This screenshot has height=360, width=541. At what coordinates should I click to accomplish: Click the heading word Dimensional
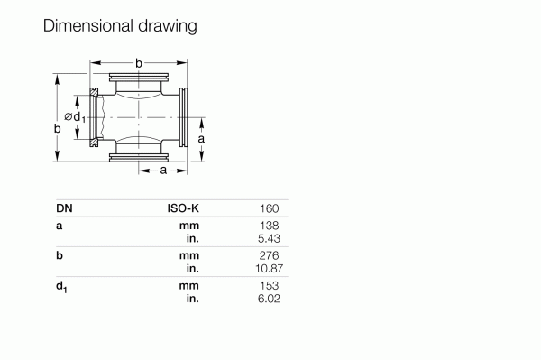pyautogui.click(x=88, y=26)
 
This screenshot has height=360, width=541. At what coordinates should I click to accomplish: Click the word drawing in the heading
pyautogui.click(x=168, y=27)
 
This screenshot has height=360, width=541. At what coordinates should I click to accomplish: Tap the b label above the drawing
pyautogui.click(x=138, y=63)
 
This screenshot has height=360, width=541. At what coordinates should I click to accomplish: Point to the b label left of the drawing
pyautogui.click(x=58, y=128)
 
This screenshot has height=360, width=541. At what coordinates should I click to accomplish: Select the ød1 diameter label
pyautogui.click(x=75, y=117)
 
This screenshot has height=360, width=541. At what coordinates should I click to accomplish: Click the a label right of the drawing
pyautogui.click(x=201, y=139)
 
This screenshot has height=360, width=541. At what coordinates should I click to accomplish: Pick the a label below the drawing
pyautogui.click(x=163, y=171)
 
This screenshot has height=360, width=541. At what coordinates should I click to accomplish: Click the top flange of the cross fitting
pyautogui.click(x=139, y=78)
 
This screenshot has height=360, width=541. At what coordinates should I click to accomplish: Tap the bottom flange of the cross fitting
pyautogui.click(x=139, y=158)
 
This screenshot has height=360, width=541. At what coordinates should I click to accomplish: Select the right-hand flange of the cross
pyautogui.click(x=183, y=117)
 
